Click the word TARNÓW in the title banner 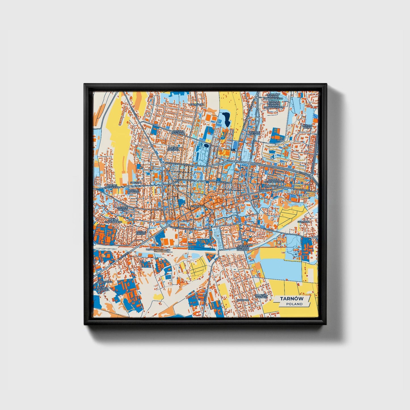[x=292, y=298]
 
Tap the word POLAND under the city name [x=294, y=304]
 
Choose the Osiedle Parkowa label [x=174, y=149]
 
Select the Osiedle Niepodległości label [x=274, y=180]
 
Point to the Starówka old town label [x=198, y=206]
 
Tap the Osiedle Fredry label [x=140, y=233]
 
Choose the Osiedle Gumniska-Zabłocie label [x=243, y=247]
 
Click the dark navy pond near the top [x=226, y=119]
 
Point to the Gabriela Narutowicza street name [x=182, y=228]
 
